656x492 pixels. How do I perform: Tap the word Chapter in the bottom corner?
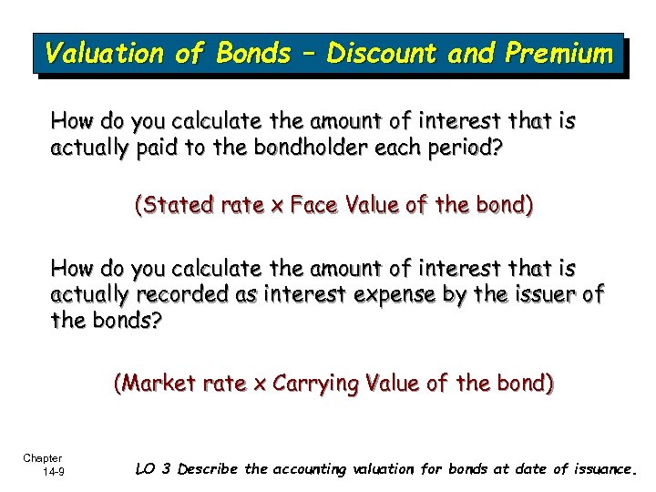tap(43, 458)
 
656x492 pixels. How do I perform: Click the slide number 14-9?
tap(51, 471)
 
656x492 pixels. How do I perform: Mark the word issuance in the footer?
tap(600, 470)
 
